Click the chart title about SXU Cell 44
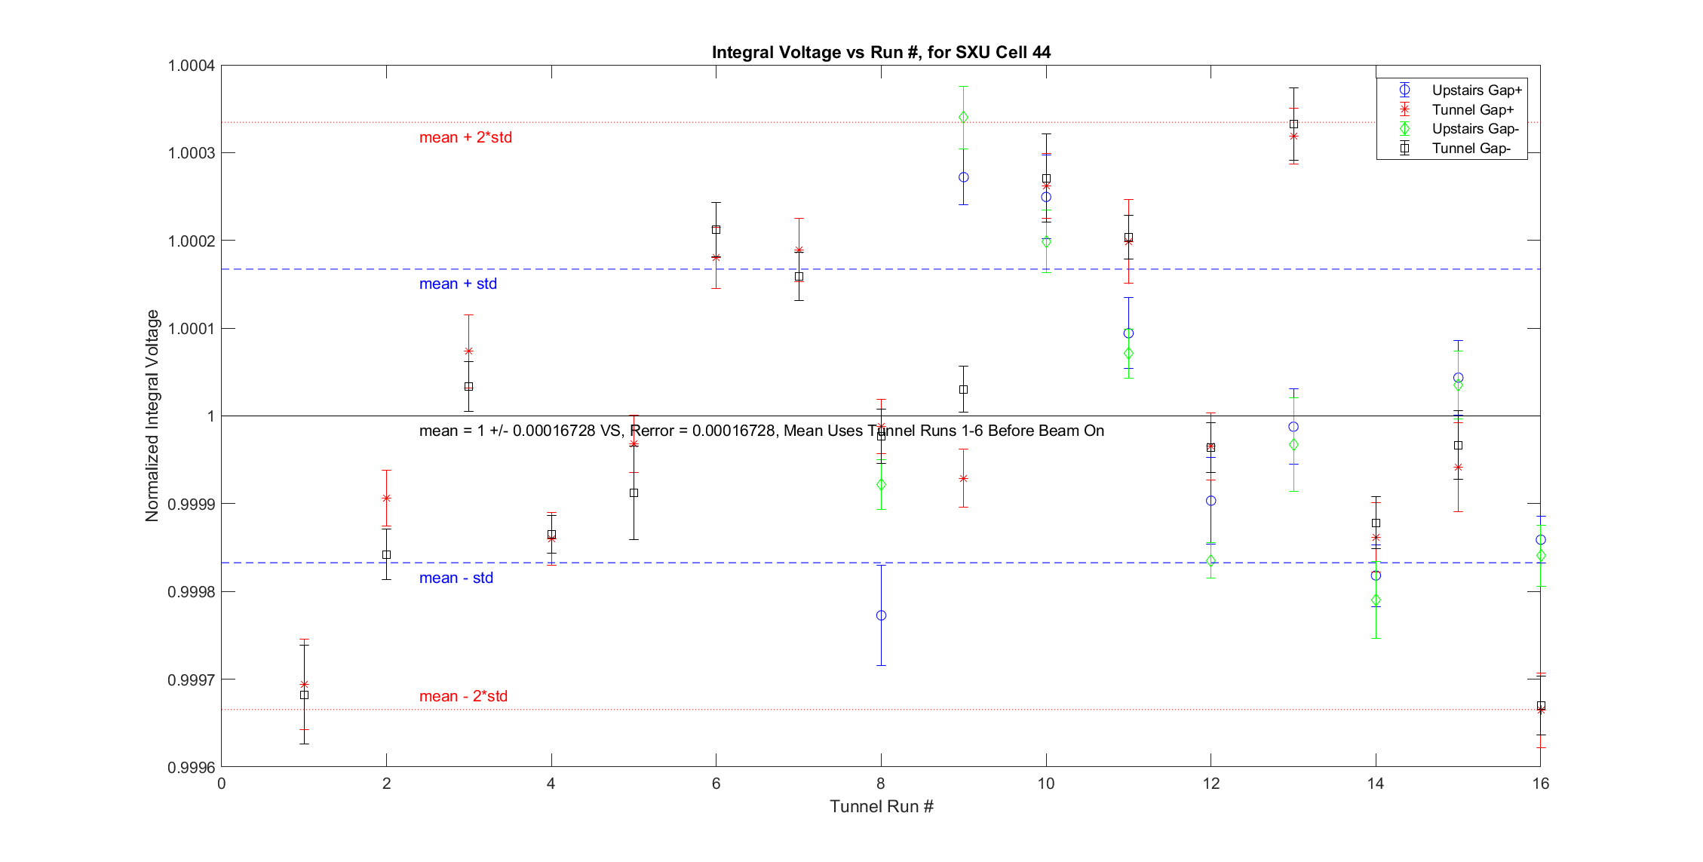point(881,52)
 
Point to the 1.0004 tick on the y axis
point(191,66)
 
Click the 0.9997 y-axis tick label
point(191,680)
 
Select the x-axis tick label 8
point(881,784)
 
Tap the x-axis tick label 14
point(1375,784)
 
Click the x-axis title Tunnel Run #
point(881,806)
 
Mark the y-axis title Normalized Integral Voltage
point(152,416)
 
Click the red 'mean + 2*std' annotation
point(465,137)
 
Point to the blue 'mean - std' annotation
point(456,578)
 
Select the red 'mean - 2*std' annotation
point(463,696)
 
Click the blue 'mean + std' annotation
point(458,284)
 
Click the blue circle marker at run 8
point(881,615)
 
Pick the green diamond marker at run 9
point(963,117)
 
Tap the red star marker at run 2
point(386,498)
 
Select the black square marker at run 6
point(716,229)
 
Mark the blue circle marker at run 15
point(1458,378)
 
